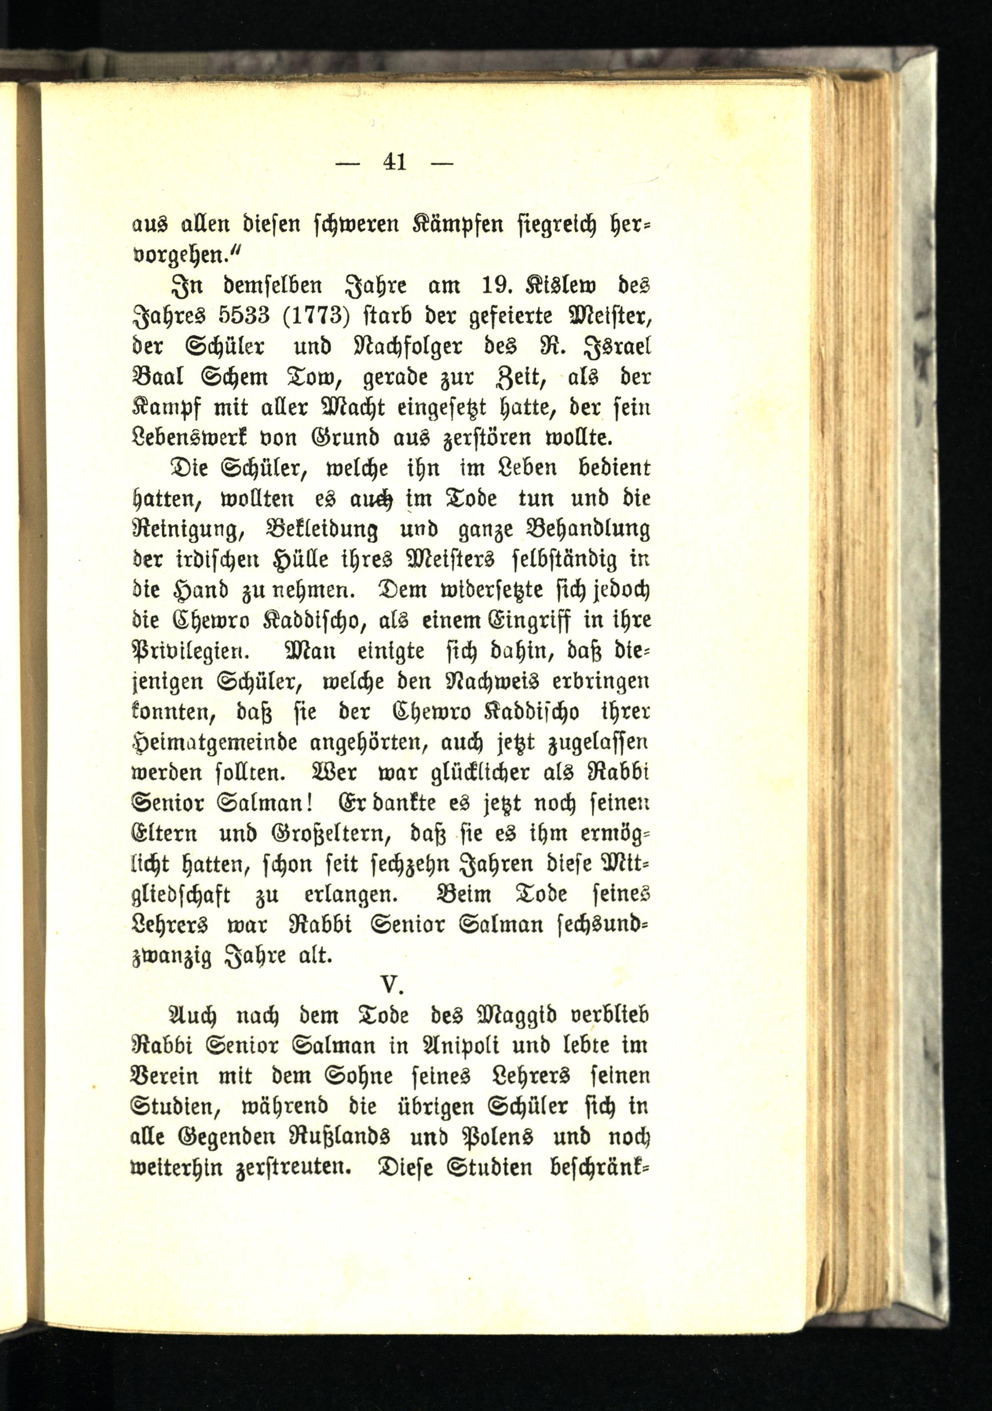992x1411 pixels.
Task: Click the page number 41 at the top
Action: (x=394, y=162)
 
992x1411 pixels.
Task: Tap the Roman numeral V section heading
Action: (x=391, y=984)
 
